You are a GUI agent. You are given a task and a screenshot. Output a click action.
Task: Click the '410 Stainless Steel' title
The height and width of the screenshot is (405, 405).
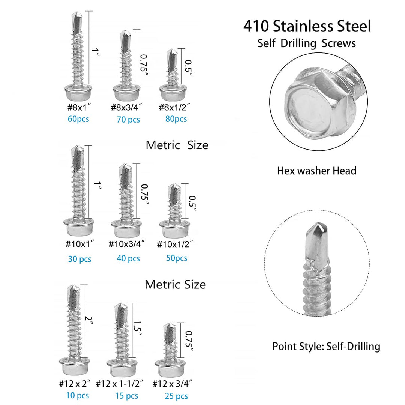click(307, 27)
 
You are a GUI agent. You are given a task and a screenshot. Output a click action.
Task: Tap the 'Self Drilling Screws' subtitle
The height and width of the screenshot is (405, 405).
click(306, 43)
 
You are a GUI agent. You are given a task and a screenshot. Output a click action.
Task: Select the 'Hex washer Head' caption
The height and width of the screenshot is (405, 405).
click(316, 171)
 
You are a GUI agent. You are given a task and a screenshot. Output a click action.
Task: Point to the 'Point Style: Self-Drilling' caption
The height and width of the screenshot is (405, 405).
click(326, 346)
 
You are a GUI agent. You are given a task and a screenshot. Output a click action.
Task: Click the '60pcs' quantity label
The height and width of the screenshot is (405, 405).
click(78, 119)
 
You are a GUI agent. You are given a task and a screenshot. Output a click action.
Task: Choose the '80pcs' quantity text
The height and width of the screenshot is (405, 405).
click(175, 119)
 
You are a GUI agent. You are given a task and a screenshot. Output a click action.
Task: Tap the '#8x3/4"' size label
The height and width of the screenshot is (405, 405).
click(127, 108)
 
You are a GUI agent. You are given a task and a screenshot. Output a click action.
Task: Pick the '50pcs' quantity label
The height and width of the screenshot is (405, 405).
click(176, 258)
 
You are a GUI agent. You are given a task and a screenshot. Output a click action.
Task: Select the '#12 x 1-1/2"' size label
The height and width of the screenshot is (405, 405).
click(120, 384)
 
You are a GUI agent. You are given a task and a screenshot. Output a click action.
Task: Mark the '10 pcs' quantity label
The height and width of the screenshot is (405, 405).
click(78, 395)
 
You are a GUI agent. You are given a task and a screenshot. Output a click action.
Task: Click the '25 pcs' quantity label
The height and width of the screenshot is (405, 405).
click(176, 396)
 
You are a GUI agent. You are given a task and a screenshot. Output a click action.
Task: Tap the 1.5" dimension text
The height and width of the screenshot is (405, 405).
click(137, 329)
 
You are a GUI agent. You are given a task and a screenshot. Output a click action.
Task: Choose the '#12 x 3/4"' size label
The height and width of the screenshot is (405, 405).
click(173, 384)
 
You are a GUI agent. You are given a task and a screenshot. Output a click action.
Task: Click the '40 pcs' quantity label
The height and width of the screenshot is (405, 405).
click(128, 258)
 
